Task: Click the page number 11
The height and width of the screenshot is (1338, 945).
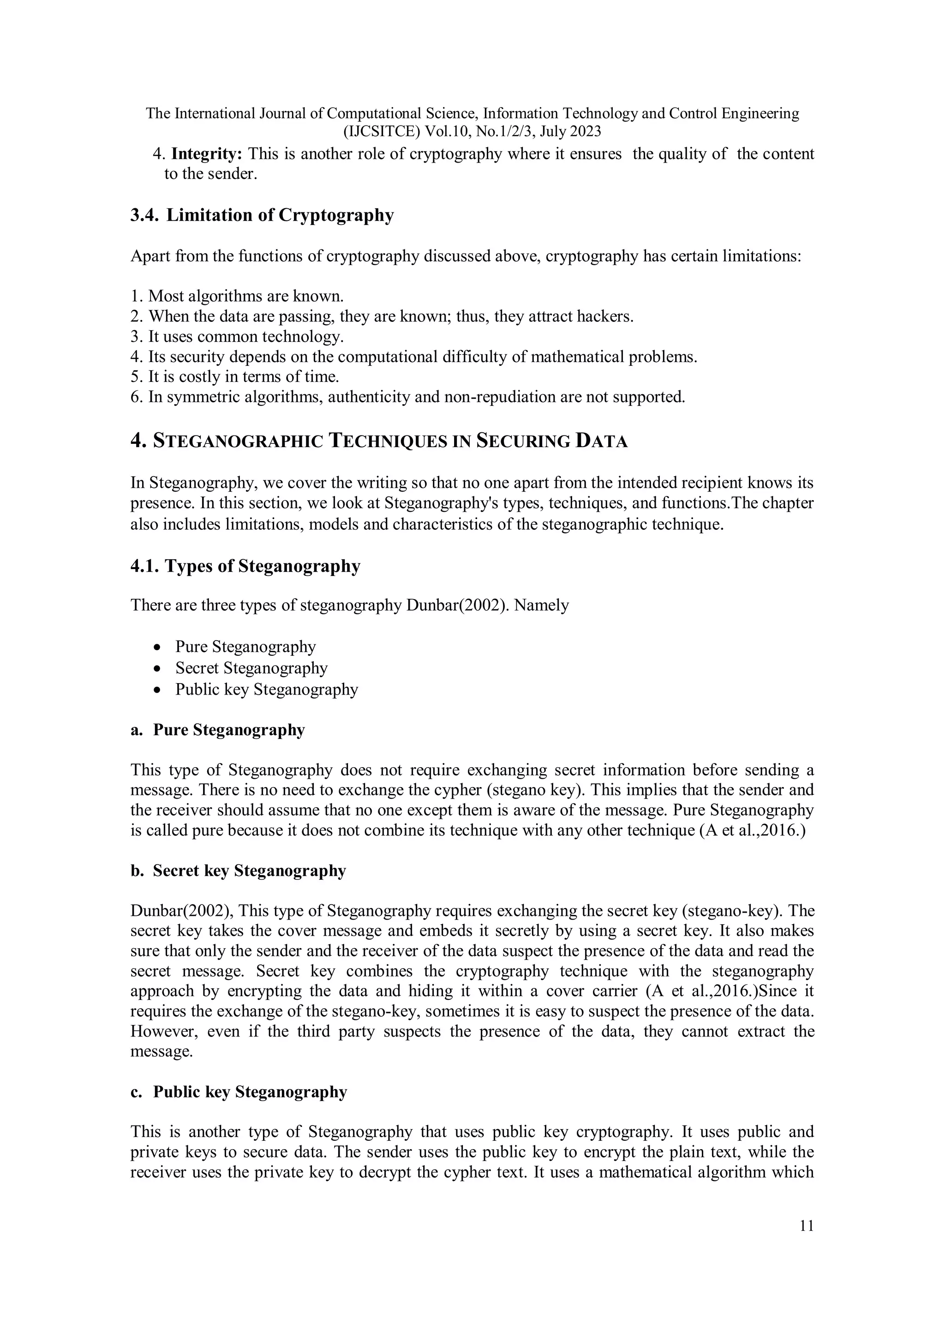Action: pos(807,1225)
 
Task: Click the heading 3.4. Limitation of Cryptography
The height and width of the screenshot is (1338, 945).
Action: pos(262,215)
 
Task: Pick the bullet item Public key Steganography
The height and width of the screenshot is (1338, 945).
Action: pos(266,690)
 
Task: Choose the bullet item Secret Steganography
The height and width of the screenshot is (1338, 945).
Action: pos(251,668)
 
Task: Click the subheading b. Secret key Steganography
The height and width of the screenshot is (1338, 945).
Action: pos(238,870)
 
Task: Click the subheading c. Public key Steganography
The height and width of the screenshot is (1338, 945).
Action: pos(239,1091)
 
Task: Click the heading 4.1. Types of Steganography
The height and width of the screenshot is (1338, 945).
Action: pos(245,566)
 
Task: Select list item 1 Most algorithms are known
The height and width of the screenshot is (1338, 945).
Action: pos(237,296)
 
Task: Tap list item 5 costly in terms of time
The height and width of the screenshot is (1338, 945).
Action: pos(235,376)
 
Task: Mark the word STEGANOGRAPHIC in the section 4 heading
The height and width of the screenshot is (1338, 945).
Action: pos(238,441)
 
